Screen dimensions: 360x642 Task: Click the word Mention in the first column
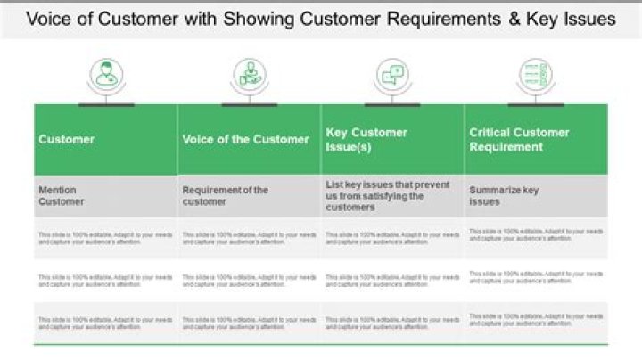58,190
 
